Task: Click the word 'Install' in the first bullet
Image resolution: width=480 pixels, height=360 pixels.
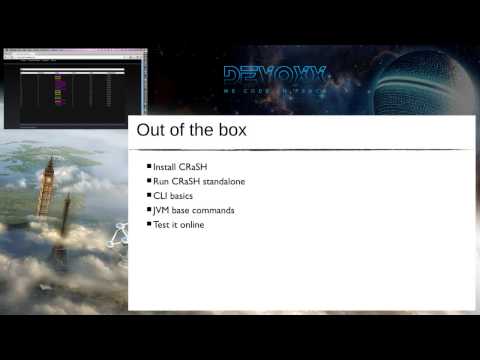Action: [x=166, y=166]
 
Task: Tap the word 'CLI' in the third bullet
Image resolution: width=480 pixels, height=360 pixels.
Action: [x=160, y=196]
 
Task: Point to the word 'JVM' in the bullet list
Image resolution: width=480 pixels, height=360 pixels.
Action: [x=163, y=211]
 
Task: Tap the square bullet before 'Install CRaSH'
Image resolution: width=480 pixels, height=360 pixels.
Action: [x=149, y=166]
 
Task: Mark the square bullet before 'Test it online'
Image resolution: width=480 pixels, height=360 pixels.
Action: [x=149, y=226]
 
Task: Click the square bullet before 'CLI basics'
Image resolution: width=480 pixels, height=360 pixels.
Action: [x=149, y=196]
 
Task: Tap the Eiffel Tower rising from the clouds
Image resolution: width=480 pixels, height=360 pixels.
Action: [x=66, y=225]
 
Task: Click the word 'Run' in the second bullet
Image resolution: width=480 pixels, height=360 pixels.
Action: [x=161, y=181]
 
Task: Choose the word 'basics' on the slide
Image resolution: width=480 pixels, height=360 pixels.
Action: [x=182, y=196]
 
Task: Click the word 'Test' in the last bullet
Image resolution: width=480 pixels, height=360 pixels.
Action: [x=162, y=226]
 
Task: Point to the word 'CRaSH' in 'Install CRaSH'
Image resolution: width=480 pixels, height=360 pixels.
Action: [x=198, y=166]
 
